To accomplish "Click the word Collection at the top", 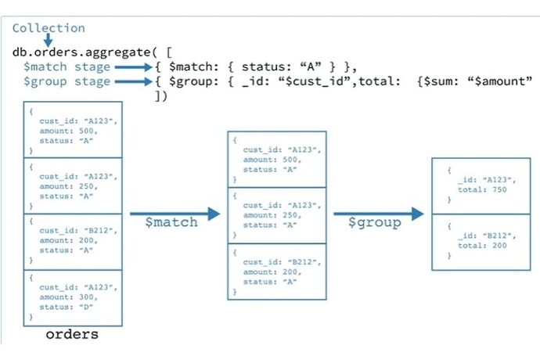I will [48, 28].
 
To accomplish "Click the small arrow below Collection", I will [47, 39].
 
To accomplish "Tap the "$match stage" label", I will [66, 67].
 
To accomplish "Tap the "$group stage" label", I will [66, 81].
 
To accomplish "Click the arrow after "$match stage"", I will [133, 67].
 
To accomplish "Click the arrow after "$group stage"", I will [133, 81].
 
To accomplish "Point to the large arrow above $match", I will [175, 213].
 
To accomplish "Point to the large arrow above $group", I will [378, 213].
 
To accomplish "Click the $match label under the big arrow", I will [171, 222].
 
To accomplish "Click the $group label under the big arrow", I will [374, 222].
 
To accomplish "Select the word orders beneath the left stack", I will [72, 334].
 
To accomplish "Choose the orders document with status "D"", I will [73, 297].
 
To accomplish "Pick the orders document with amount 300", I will [73, 297].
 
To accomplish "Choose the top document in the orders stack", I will [73, 129].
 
